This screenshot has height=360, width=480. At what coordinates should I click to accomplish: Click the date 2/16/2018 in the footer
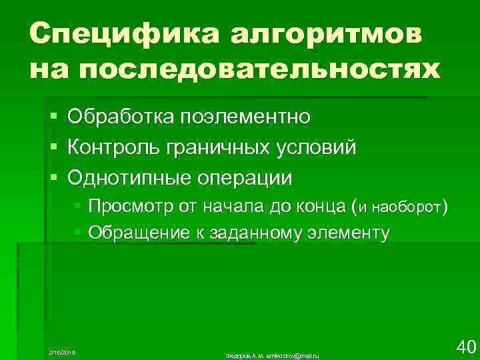(63, 350)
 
